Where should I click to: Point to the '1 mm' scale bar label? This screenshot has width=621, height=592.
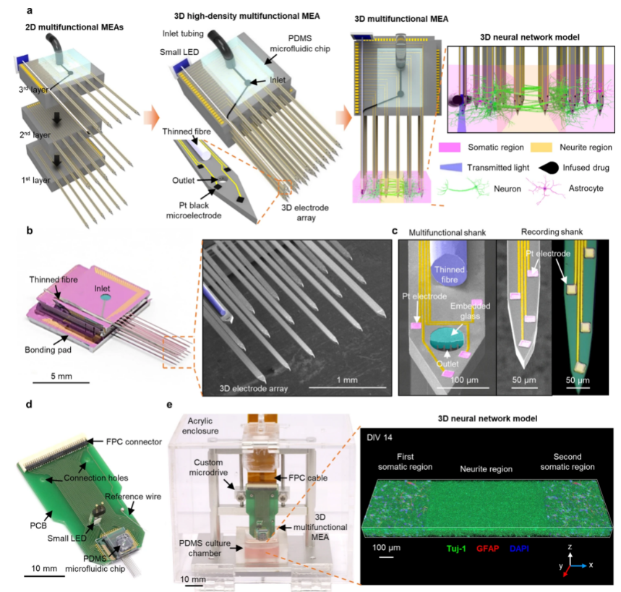[347, 379]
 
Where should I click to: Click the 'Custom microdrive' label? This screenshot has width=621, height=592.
[205, 466]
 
